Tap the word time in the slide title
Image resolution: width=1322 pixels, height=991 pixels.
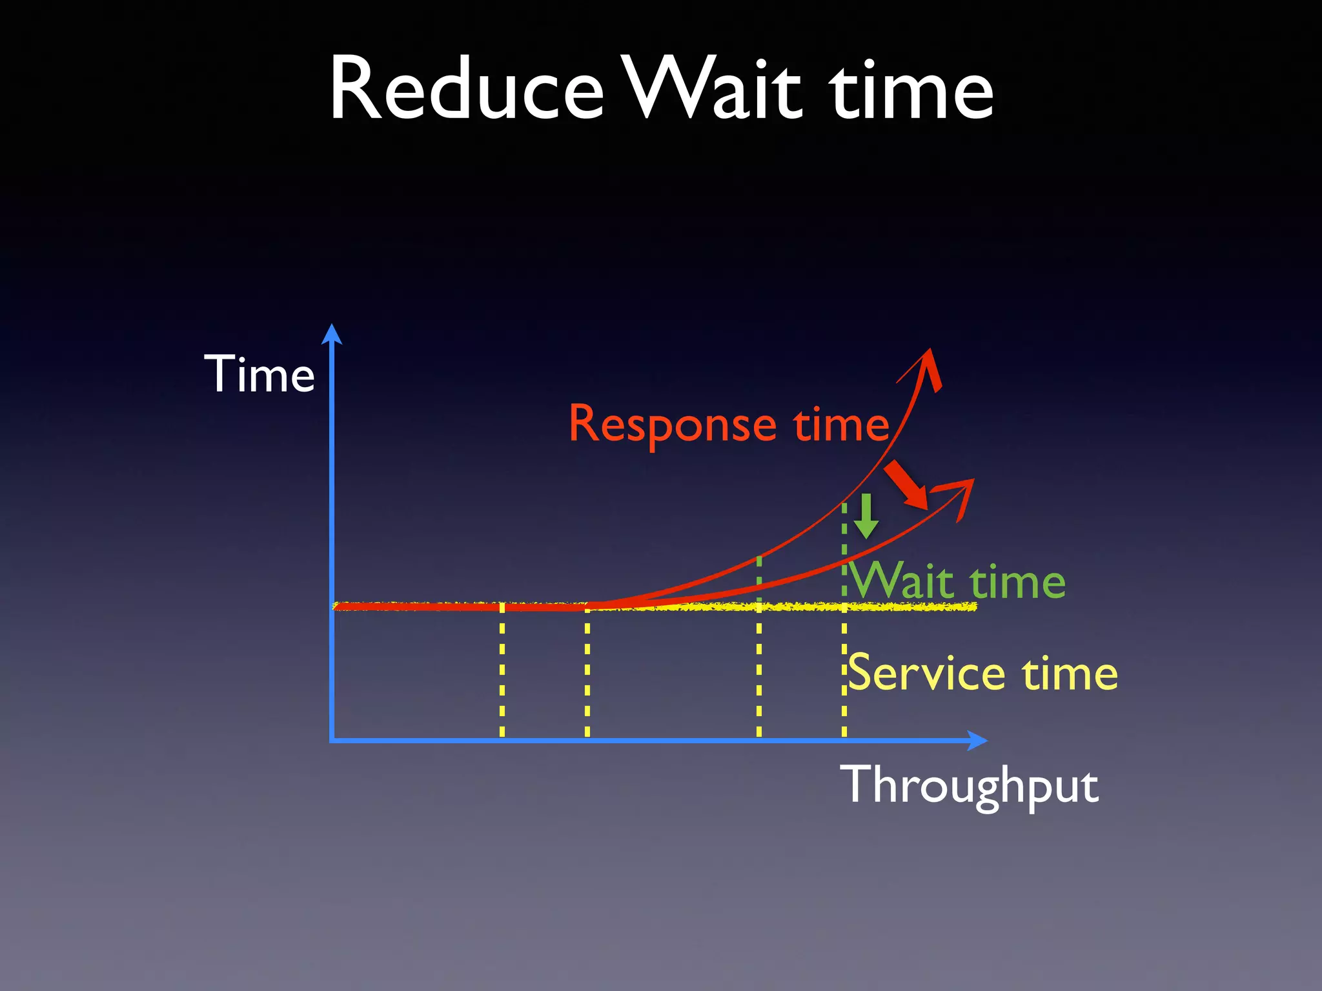(x=911, y=90)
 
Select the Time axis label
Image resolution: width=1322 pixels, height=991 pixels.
(x=259, y=374)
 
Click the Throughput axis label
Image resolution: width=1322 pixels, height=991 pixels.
(x=969, y=785)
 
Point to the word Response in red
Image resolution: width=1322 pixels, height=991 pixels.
(x=672, y=425)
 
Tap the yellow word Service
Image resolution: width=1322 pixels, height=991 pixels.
(x=927, y=673)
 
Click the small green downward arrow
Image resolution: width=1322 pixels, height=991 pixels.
(x=866, y=517)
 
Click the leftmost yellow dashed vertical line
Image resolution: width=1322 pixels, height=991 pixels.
(x=502, y=671)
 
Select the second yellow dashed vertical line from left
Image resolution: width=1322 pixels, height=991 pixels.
(x=587, y=671)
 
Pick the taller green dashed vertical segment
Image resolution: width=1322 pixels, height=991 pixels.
(x=844, y=548)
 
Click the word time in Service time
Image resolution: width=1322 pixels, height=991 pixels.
(x=1070, y=673)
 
